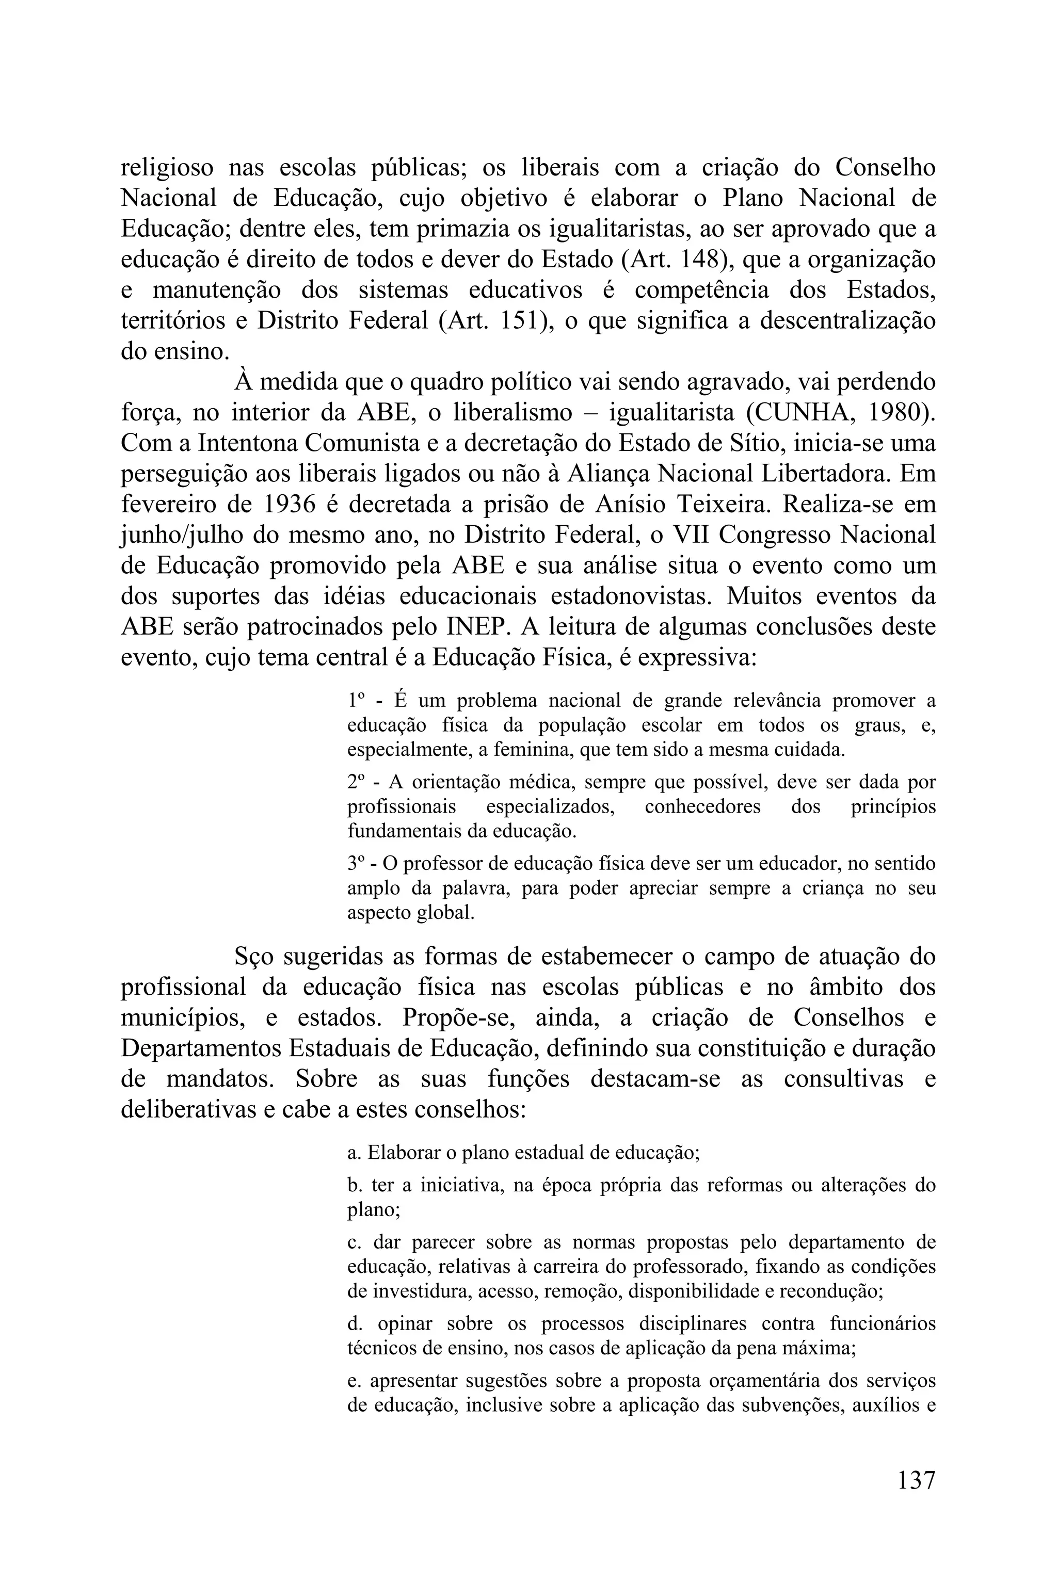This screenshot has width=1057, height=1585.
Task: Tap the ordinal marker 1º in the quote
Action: pos(357,701)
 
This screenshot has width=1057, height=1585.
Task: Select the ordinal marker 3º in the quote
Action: pos(357,864)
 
